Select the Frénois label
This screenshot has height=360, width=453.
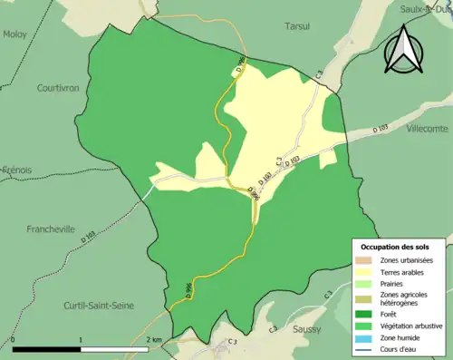tap(15, 170)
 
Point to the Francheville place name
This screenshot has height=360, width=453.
tap(52, 229)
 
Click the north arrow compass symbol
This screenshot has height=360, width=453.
tap(404, 50)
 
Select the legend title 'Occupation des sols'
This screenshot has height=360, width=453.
tap(399, 247)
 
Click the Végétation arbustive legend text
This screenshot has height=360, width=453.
tap(413, 324)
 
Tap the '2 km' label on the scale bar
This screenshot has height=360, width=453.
tap(155, 340)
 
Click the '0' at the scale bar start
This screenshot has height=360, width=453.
tap(14, 340)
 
